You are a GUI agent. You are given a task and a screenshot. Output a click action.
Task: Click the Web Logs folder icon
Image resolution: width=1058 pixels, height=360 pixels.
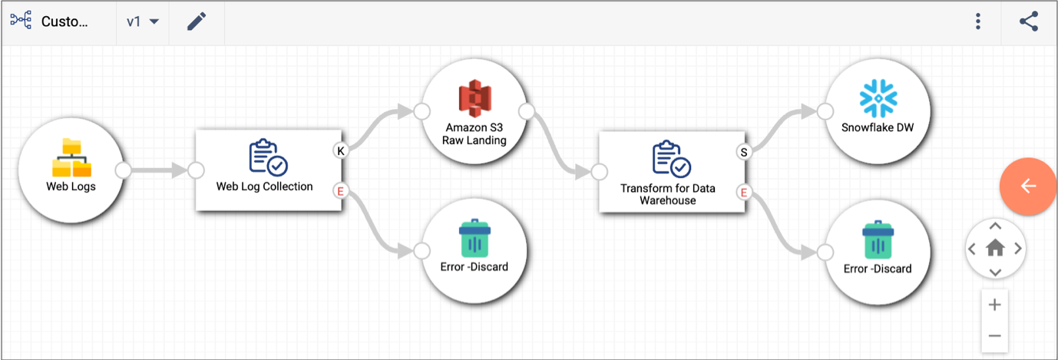coord(71,158)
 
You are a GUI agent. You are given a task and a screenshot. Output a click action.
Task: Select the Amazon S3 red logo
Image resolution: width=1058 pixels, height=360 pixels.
coord(474,98)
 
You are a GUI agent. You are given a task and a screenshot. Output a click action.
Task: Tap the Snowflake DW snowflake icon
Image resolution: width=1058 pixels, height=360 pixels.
coord(878,98)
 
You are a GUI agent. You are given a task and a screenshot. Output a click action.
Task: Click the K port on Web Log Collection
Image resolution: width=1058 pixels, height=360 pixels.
coord(341,150)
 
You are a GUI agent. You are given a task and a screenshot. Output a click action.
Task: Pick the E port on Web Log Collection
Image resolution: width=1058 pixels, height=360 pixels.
coord(340,191)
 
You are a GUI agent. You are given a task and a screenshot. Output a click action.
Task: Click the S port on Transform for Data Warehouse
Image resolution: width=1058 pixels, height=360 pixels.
coord(744,152)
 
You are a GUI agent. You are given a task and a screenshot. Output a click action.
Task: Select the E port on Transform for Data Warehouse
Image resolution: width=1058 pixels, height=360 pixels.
coord(744,193)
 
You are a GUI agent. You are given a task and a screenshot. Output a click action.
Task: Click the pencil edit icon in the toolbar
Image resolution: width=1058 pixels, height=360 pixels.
coord(197,21)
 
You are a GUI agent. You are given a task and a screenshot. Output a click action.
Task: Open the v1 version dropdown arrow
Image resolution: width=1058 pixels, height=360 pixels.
coord(154,21)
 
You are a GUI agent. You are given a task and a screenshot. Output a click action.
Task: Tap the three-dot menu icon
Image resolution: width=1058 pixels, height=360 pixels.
coord(977,21)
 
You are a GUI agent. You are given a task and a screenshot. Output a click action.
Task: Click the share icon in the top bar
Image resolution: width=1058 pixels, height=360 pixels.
coord(1029,21)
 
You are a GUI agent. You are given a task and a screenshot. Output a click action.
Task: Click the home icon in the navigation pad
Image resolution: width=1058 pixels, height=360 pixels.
coord(995,248)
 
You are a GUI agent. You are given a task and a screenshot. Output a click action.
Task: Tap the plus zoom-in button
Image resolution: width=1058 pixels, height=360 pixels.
coord(995,305)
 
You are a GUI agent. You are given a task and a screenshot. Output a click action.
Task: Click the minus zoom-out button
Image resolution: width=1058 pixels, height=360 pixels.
coord(995,336)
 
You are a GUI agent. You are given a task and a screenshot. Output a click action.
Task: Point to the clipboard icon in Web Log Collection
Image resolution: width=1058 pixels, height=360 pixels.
coord(268,157)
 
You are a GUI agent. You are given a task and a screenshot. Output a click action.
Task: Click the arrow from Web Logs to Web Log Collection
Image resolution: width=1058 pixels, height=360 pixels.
coord(159,170)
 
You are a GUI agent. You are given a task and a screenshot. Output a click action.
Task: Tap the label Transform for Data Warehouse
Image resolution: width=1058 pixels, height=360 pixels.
coord(668,194)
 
